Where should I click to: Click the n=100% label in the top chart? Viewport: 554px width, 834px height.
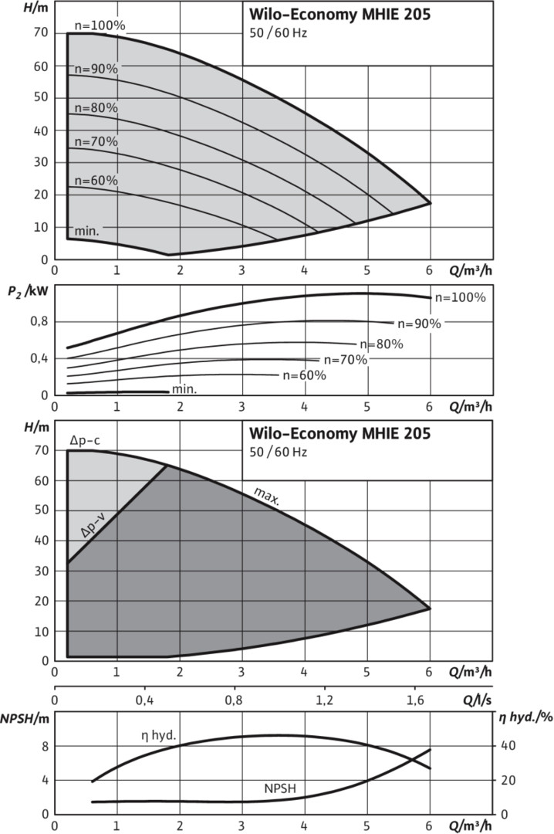tap(100, 25)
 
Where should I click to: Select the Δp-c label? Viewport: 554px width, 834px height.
tap(85, 440)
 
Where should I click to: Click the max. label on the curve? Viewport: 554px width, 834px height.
tap(266, 497)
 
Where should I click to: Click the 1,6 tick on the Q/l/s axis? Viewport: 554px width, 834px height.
tap(414, 700)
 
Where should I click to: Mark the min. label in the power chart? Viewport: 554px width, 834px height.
tap(184, 388)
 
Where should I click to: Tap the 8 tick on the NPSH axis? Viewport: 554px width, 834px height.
tap(45, 746)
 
